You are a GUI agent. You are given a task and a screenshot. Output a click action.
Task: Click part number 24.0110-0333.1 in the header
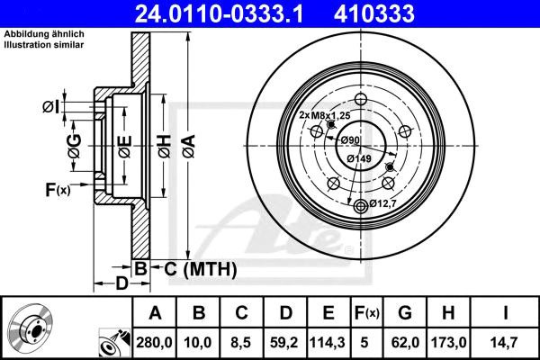tap(219, 13)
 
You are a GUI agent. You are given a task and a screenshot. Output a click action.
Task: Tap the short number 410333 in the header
tap(373, 13)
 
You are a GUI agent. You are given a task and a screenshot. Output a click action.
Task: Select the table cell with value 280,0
tap(154, 342)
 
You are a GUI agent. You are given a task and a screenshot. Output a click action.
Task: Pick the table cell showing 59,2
tap(284, 342)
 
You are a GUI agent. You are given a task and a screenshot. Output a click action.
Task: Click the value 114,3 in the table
tap(328, 342)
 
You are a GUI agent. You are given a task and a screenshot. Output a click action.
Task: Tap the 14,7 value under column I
tap(505, 342)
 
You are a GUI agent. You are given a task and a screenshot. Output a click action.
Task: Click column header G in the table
tap(405, 313)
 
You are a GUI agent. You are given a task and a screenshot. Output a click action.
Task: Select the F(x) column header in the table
tap(367, 313)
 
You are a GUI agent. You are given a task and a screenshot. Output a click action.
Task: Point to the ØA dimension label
tap(189, 147)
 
